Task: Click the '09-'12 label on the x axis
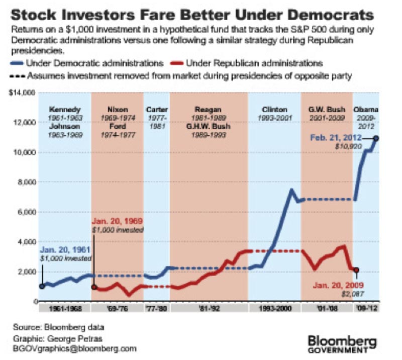(x=365, y=308)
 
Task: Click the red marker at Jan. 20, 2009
(x=356, y=270)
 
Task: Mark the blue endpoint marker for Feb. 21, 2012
(x=376, y=138)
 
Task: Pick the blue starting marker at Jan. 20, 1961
(x=42, y=286)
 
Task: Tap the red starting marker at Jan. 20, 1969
(x=94, y=287)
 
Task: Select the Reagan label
(x=209, y=109)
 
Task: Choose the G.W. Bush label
(x=326, y=109)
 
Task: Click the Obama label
(x=366, y=109)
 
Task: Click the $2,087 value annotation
(x=353, y=293)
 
